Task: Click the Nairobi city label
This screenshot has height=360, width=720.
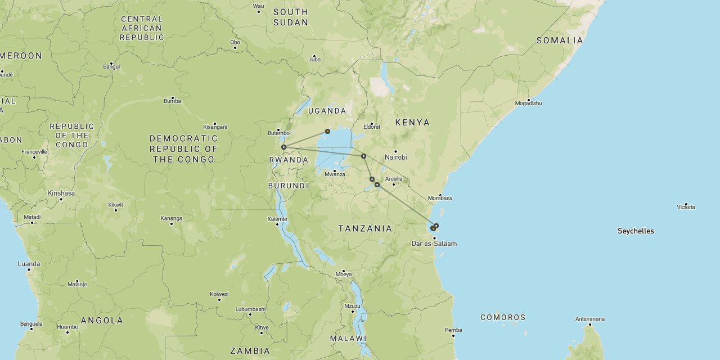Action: click(395, 157)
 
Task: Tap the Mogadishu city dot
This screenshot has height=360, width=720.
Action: click(529, 100)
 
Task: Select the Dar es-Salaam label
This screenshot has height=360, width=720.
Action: click(434, 244)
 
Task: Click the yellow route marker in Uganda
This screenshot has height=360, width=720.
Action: click(327, 131)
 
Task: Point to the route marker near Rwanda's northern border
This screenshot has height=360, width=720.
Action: click(284, 147)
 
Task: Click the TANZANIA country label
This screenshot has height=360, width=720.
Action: click(365, 228)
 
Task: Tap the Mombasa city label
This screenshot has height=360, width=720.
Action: click(440, 198)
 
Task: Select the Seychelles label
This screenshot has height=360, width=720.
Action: click(636, 231)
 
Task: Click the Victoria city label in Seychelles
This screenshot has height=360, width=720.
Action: click(686, 207)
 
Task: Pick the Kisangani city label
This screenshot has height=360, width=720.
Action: click(215, 127)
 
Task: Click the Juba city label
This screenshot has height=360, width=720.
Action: click(314, 60)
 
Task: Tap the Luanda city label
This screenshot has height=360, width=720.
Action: click(29, 264)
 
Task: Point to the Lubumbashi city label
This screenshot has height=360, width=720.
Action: click(250, 309)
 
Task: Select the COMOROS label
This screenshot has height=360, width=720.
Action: click(503, 317)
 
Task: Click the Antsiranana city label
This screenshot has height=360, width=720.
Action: click(589, 319)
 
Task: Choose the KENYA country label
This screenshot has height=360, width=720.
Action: click(412, 122)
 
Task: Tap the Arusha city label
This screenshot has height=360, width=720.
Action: click(393, 179)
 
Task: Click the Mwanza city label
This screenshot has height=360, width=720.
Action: click(335, 174)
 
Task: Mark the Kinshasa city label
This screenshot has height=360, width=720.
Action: click(61, 193)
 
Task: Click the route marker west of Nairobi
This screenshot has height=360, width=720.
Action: click(363, 156)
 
